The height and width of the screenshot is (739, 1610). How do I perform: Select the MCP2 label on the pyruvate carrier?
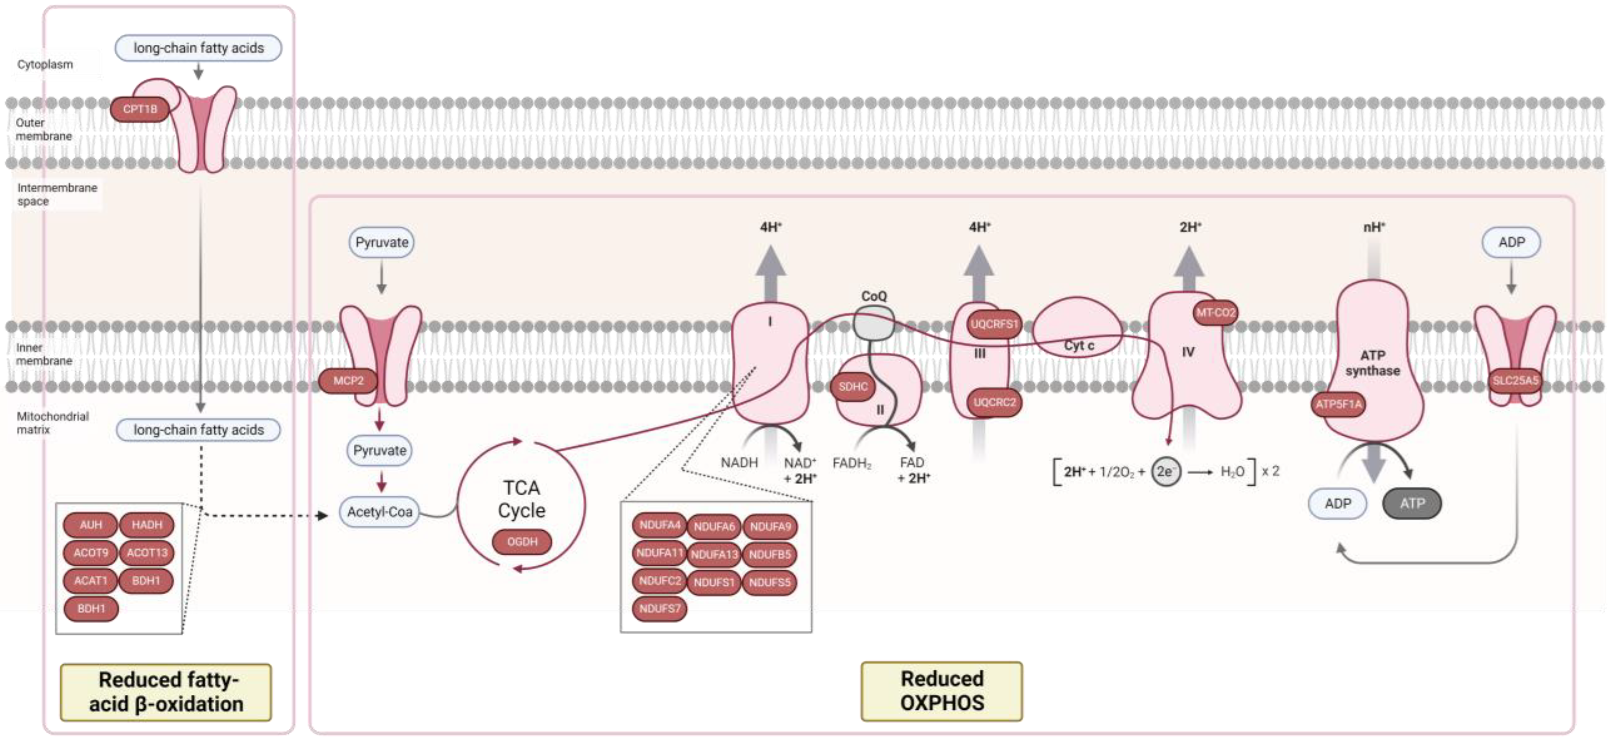348,381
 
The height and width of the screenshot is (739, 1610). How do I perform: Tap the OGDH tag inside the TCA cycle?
522,542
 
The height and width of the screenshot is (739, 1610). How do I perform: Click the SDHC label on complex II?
853,386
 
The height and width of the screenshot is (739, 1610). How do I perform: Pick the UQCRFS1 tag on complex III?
994,324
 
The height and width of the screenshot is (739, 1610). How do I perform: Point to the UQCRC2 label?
994,402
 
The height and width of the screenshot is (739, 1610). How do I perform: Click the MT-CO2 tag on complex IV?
1215,313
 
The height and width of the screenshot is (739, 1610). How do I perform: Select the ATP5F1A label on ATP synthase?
1338,404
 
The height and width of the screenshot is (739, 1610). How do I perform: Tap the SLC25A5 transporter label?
1515,380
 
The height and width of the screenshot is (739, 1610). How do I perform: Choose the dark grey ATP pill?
1412,503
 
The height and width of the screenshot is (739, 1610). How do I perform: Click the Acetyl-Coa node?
380,512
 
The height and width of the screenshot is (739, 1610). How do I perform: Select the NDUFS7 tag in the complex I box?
659,608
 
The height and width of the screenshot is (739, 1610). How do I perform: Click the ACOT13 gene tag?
147,553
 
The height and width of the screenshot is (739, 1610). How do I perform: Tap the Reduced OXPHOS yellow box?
941,691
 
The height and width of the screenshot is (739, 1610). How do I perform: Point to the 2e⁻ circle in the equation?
1165,472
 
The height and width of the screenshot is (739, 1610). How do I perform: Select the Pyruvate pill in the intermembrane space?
381,242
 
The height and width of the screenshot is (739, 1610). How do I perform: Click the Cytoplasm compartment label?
45,64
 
